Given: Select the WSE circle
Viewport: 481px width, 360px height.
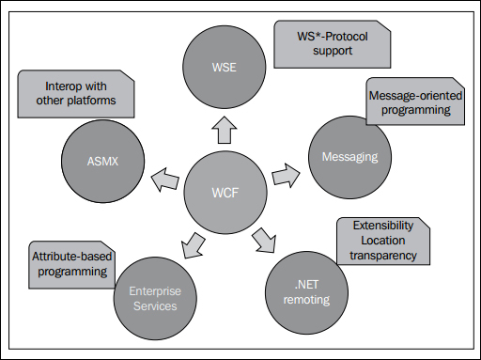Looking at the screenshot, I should [x=222, y=66].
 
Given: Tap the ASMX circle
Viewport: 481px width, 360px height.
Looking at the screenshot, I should [x=99, y=160].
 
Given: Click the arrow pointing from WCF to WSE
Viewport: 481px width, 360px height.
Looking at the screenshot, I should [x=223, y=131].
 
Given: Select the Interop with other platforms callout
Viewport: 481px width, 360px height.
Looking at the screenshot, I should [x=75, y=93].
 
